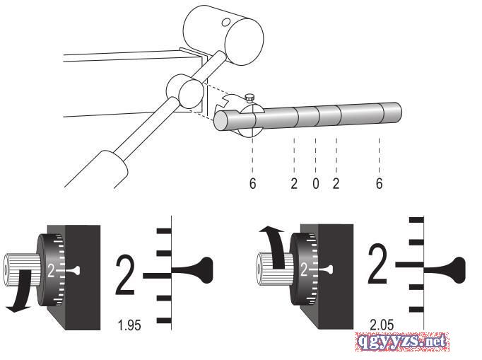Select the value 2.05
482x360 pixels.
[x=382, y=325]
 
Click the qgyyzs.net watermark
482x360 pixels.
[x=403, y=342]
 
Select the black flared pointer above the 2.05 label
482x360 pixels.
[x=442, y=266]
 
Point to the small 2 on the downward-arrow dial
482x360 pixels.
[x=52, y=269]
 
